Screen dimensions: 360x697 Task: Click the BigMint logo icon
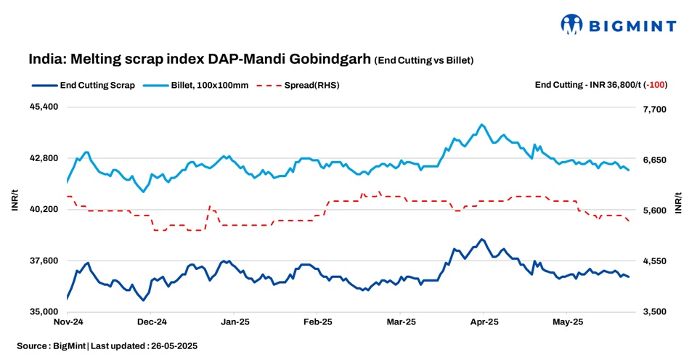[572, 24]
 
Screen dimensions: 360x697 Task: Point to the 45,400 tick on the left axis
[44, 107]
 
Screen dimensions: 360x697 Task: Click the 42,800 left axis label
[44, 158]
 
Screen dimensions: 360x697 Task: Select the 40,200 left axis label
[44, 209]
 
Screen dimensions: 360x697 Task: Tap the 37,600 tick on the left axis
[44, 261]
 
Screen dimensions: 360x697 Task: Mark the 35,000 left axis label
[44, 312]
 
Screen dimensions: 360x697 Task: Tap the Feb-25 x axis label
[317, 321]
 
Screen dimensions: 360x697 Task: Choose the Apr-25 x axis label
[484, 321]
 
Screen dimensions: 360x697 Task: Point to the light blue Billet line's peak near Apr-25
[481, 125]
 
